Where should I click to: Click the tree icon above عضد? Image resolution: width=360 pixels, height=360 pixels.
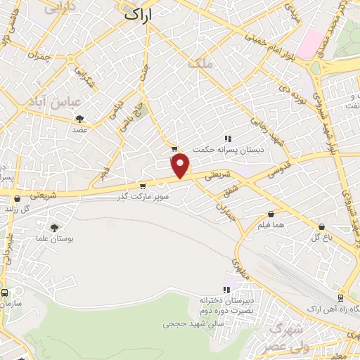pos(79,119)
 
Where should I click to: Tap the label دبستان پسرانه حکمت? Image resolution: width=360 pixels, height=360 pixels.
pos(229,149)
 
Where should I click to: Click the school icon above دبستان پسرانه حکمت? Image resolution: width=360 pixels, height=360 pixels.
pos(227,139)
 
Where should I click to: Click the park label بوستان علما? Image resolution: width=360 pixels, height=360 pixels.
pos(54,239)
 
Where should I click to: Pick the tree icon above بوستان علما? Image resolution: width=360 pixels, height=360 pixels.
pos(54,228)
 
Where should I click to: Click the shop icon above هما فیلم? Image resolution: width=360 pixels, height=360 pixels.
pos(271,213)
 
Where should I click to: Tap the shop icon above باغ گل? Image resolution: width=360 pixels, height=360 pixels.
pos(321,226)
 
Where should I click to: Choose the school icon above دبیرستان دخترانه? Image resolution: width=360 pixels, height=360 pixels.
pos(226,290)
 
